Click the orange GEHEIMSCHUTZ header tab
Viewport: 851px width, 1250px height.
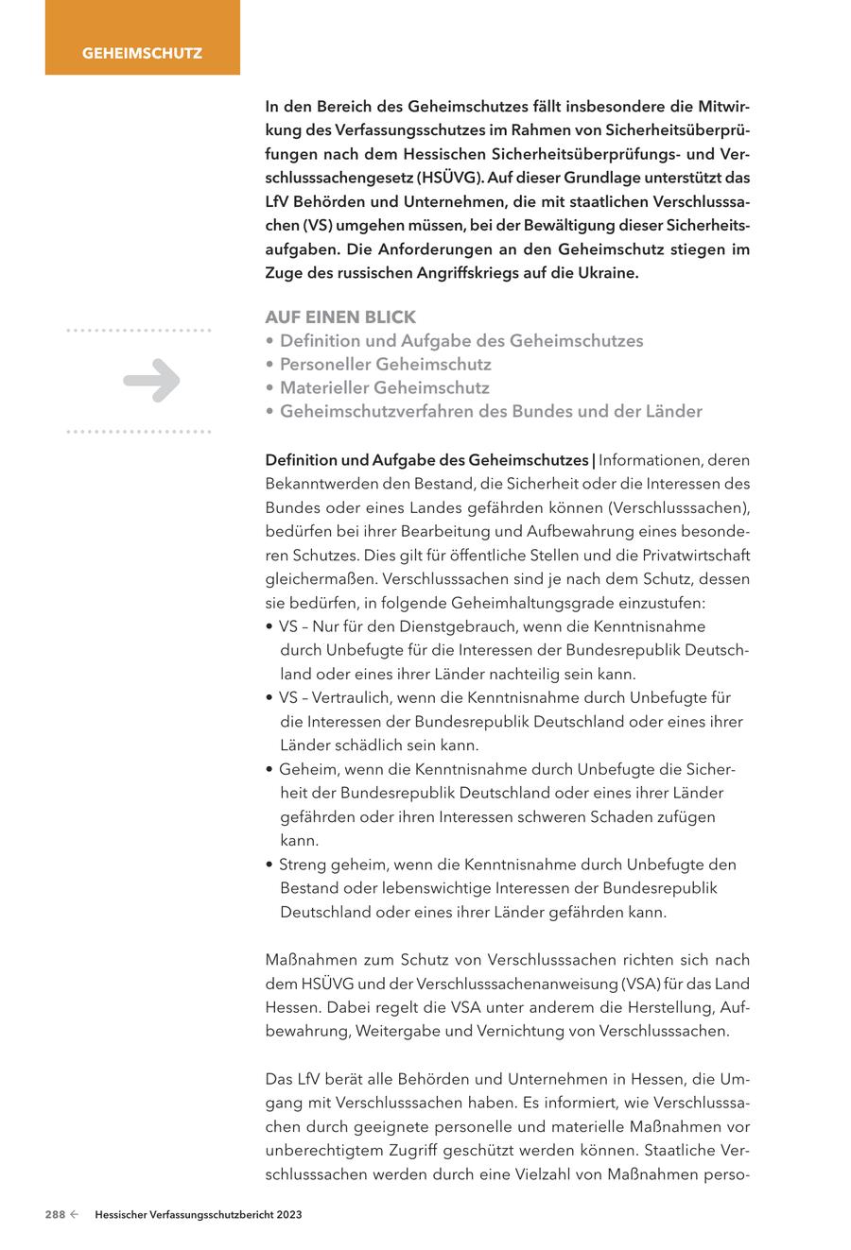coord(142,53)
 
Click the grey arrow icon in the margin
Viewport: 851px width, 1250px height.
coord(151,381)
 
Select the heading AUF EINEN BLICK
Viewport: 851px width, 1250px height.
coord(340,317)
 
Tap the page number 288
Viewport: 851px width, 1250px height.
coord(55,1215)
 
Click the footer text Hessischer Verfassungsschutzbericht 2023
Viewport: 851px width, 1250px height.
coord(199,1215)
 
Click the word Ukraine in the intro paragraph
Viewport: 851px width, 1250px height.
coord(606,273)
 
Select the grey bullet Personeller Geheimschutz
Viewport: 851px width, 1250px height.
coord(385,364)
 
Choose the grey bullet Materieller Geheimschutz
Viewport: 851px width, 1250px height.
coord(384,387)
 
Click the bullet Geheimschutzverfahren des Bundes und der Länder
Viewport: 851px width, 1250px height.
coord(491,411)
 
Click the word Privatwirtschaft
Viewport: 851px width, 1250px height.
coord(692,555)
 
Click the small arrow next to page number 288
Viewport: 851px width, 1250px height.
coord(74,1215)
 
